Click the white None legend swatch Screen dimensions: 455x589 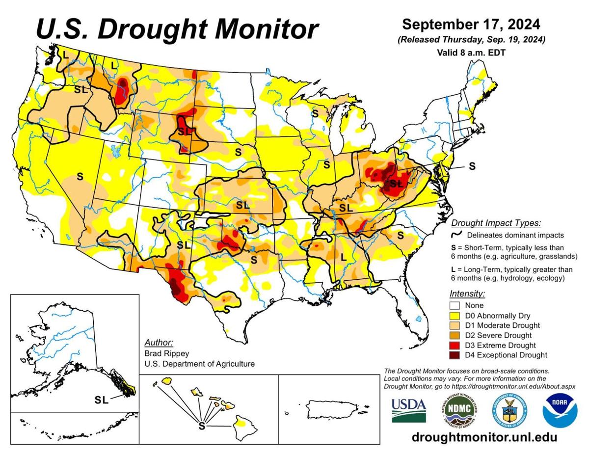click(x=455, y=305)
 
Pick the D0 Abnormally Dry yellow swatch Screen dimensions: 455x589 click(x=455, y=316)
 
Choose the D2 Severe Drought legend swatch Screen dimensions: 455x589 click(x=455, y=335)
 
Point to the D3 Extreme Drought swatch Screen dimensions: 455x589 click(x=455, y=345)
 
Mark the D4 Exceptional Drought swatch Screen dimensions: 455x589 click(x=455, y=355)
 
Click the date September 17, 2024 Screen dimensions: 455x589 click(x=471, y=25)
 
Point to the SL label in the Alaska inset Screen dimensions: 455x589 click(x=102, y=400)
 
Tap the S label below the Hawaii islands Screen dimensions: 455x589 click(x=201, y=426)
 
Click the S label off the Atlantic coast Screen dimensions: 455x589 click(x=472, y=166)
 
